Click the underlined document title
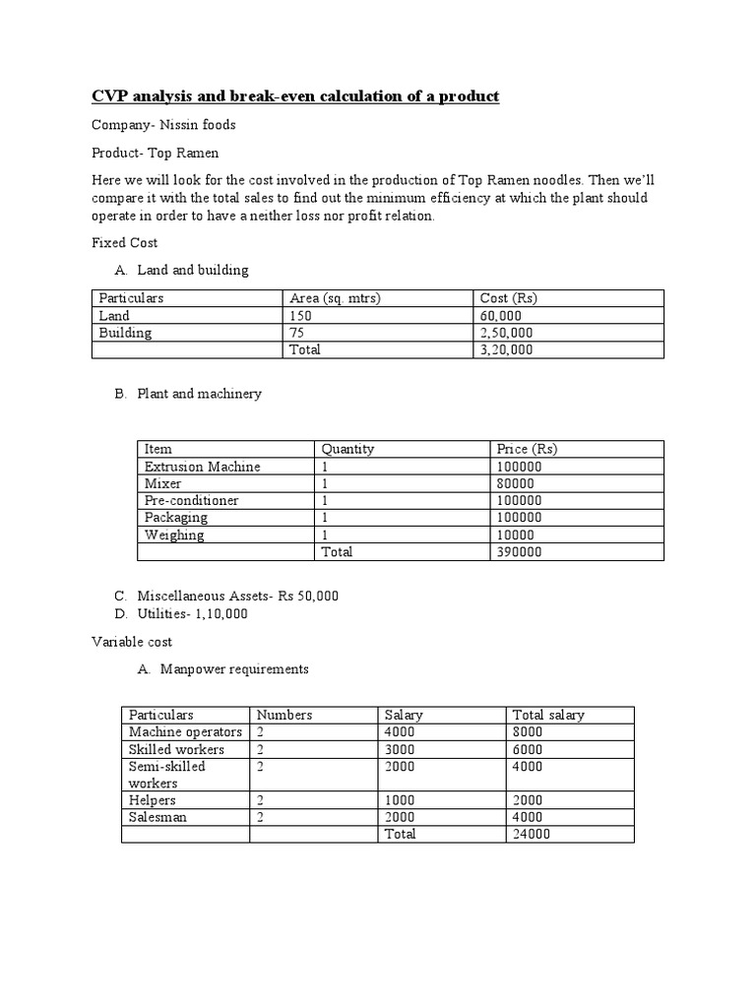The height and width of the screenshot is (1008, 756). click(x=295, y=96)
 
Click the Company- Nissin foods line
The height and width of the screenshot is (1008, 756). click(x=163, y=125)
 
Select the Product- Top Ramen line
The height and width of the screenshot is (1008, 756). click(x=156, y=154)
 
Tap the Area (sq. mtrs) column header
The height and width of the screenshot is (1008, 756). click(x=335, y=298)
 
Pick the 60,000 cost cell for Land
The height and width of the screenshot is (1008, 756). click(x=500, y=316)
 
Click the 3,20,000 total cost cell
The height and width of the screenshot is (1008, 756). click(x=506, y=349)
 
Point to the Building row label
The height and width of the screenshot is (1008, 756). click(x=126, y=333)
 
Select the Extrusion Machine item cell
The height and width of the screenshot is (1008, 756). click(x=202, y=467)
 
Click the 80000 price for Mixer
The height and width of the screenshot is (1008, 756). click(x=516, y=483)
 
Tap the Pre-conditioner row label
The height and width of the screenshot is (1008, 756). click(x=191, y=500)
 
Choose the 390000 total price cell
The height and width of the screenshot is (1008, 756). click(x=520, y=552)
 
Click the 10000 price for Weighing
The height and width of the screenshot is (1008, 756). click(x=516, y=535)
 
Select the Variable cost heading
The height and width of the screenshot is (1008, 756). click(x=132, y=642)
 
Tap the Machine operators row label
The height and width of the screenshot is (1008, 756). click(x=185, y=732)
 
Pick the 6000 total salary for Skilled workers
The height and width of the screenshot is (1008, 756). click(x=528, y=749)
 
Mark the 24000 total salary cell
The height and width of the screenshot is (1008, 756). click(x=532, y=835)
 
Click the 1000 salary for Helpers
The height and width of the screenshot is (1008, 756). click(x=400, y=801)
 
